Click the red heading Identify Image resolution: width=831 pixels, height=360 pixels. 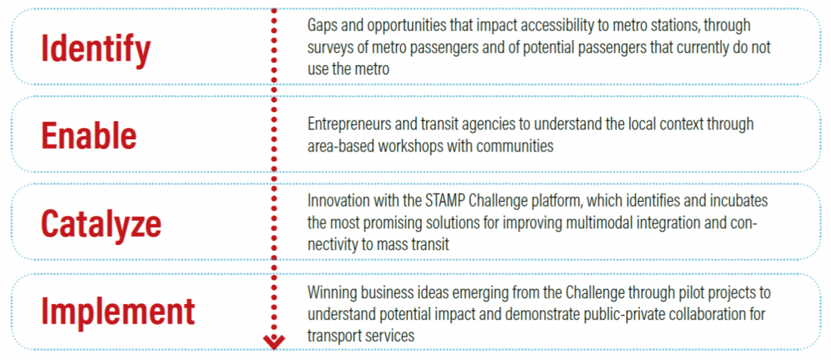click(96, 49)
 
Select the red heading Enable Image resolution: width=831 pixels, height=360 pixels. click(89, 136)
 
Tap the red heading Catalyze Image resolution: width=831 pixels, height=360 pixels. click(101, 224)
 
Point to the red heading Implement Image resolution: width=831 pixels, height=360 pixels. click(118, 312)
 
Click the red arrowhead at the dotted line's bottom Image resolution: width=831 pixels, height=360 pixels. click(274, 342)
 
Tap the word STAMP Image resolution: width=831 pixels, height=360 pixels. click(445, 201)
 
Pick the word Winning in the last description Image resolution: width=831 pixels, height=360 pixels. click(332, 293)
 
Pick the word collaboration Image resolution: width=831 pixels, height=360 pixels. click(707, 314)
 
